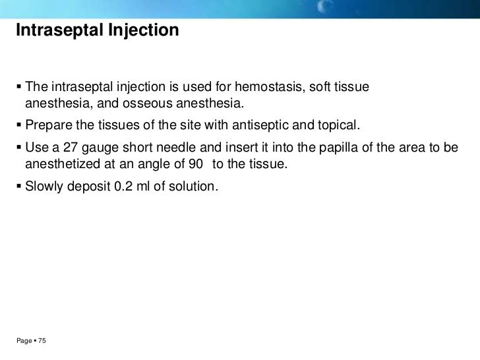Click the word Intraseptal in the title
point(55,30)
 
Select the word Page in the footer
point(25,341)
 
